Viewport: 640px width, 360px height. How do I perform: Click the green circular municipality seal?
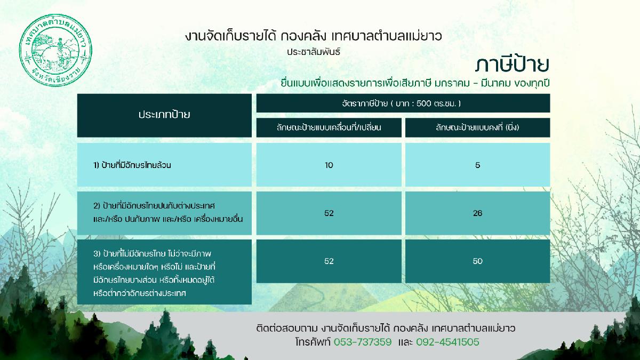[55, 51]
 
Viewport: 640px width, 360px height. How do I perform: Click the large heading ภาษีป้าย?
[512, 65]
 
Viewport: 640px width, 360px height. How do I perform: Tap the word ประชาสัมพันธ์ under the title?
[314, 52]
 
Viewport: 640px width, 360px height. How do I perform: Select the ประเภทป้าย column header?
[164, 115]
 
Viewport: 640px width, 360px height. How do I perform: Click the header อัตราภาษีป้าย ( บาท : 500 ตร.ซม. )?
[401, 103]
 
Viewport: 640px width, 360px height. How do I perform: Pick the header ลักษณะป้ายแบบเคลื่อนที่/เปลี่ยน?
[329, 127]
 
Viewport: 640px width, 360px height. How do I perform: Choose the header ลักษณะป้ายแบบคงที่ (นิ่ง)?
[477, 127]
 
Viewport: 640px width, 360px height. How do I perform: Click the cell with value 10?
[329, 165]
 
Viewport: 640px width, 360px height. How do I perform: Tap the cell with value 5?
[477, 165]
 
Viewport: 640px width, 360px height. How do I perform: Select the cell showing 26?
[477, 213]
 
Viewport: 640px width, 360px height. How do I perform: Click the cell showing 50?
[477, 261]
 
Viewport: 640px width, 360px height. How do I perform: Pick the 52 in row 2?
[329, 213]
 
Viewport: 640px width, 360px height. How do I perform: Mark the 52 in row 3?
[329, 261]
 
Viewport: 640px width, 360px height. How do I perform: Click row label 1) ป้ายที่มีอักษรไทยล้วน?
[132, 165]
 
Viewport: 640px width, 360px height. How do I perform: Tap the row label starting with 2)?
[168, 213]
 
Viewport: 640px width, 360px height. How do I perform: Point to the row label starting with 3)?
[154, 274]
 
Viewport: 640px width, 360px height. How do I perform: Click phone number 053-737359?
[363, 342]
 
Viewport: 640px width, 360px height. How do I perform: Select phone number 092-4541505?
[447, 342]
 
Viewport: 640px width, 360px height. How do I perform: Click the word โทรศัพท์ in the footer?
[313, 342]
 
